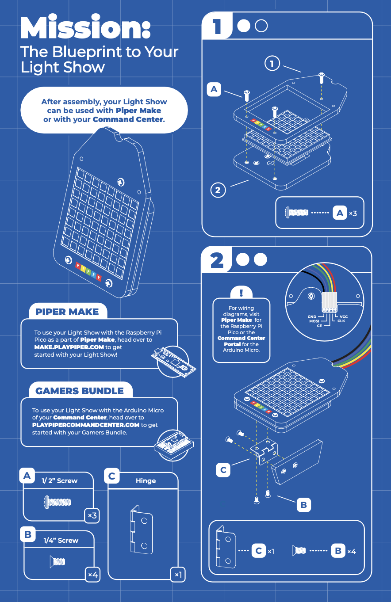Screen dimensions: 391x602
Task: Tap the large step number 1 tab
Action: point(217,26)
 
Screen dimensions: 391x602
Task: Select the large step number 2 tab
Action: point(216,260)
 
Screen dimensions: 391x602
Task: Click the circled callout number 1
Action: point(272,63)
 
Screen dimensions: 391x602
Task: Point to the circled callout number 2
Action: point(218,190)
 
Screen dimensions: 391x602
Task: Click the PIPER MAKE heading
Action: point(67,312)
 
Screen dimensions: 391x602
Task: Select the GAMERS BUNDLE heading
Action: point(79,391)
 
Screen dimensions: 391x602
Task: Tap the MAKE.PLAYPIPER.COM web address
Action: point(69,347)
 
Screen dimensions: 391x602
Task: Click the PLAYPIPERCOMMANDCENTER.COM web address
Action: point(86,425)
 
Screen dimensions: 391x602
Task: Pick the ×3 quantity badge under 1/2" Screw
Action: point(92,515)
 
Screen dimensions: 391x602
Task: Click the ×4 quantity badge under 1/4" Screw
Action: point(93,575)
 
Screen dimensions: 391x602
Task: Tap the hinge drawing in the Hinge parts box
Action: point(142,529)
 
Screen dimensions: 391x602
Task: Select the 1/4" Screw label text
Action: point(61,541)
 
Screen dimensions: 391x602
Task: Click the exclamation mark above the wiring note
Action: point(241,293)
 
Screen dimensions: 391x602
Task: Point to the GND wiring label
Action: point(312,316)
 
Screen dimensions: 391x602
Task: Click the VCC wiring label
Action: point(344,316)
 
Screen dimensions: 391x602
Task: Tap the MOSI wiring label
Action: point(314,321)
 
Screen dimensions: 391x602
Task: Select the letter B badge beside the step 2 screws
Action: point(303,505)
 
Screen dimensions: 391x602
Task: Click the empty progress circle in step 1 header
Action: point(261,26)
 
